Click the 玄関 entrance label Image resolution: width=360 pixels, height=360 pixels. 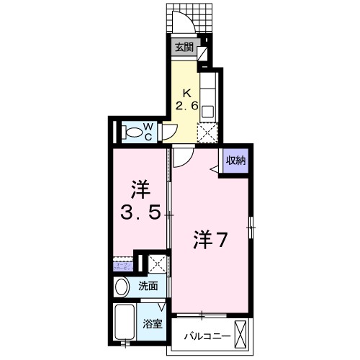coord(184,48)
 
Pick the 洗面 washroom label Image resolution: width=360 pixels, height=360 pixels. coord(148,286)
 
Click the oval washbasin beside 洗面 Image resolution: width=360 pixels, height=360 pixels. coord(122,286)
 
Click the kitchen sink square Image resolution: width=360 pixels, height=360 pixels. coord(207,112)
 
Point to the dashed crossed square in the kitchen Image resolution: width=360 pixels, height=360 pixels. coord(207,132)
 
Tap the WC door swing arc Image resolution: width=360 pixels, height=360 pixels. coord(170,131)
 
